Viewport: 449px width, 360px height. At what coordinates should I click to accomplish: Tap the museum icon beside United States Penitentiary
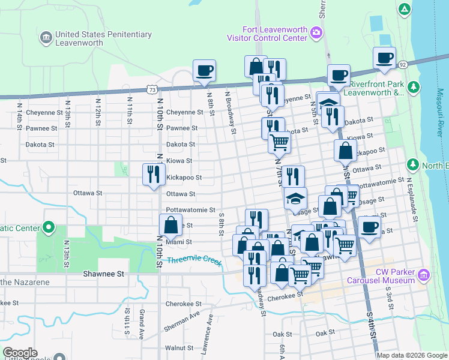point(46,39)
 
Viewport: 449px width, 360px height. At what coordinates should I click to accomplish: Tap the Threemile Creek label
point(194,260)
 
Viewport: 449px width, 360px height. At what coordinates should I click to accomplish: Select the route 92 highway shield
point(403,64)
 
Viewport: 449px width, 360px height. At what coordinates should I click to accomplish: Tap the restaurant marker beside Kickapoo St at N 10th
point(153,175)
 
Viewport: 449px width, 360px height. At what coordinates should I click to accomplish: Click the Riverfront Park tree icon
point(412,88)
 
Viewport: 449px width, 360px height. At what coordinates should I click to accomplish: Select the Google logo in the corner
point(20,353)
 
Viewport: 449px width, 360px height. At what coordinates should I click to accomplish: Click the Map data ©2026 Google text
point(411,355)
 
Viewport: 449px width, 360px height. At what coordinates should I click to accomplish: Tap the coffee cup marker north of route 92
point(384,58)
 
